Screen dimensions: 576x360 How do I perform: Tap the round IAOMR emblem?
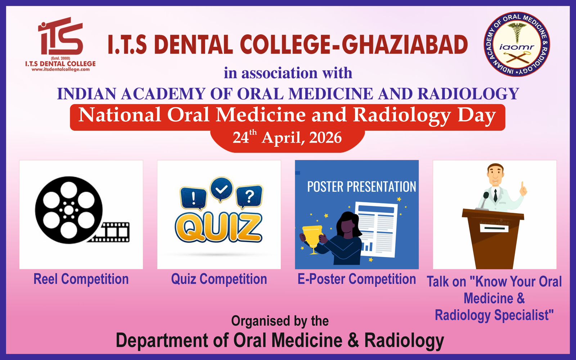[517, 44]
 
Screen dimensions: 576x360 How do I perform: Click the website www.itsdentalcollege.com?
[61, 69]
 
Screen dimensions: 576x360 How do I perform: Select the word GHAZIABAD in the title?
[405, 45]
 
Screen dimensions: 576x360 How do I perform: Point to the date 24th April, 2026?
[287, 138]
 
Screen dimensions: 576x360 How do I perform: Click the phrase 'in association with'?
[288, 73]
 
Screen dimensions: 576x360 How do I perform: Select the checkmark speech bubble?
[221, 189]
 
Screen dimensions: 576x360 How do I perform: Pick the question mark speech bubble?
[249, 197]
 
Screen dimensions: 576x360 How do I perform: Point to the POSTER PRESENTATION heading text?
[361, 186]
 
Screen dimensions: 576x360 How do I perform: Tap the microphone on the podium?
[484, 201]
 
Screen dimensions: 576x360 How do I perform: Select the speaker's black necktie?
[495, 195]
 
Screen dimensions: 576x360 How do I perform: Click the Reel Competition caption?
[81, 279]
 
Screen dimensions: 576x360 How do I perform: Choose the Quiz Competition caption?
[219, 279]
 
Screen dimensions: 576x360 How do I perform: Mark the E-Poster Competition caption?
[357, 279]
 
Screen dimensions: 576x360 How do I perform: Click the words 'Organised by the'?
[280, 321]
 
